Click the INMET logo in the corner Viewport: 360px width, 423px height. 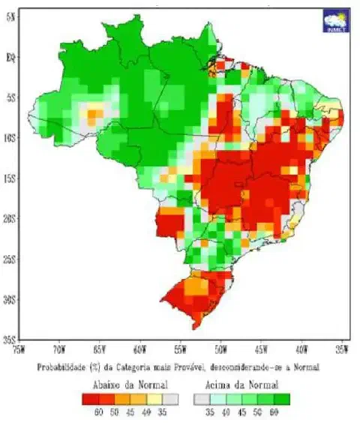[x=334, y=21]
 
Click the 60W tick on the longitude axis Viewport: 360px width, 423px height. [x=139, y=349]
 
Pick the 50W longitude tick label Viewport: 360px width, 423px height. [x=221, y=349]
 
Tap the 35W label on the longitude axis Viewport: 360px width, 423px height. [x=342, y=349]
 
